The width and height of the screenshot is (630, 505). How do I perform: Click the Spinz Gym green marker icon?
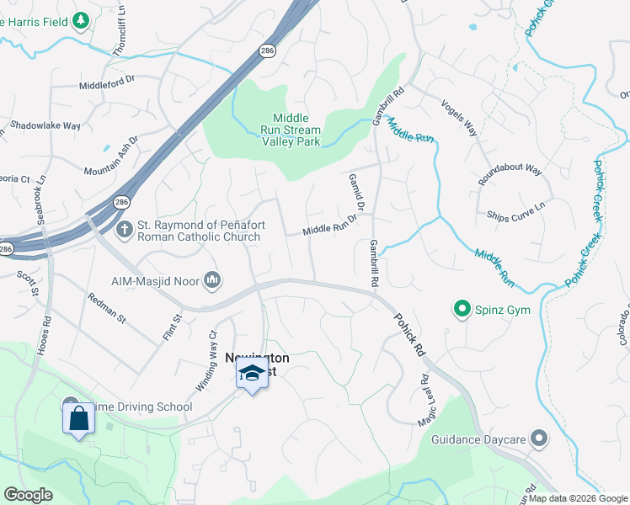[x=462, y=310]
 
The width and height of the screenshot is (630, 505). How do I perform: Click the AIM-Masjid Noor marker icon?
[x=211, y=279]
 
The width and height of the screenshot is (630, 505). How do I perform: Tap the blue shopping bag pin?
[x=78, y=417]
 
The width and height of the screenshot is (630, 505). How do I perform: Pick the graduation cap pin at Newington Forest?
[x=251, y=373]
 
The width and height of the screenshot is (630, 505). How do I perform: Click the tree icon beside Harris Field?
[x=81, y=19]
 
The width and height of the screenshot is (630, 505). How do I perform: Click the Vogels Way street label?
[x=460, y=119]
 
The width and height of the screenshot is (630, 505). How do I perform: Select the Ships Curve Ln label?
[x=515, y=210]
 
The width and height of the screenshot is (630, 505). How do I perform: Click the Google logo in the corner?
[x=28, y=495]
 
